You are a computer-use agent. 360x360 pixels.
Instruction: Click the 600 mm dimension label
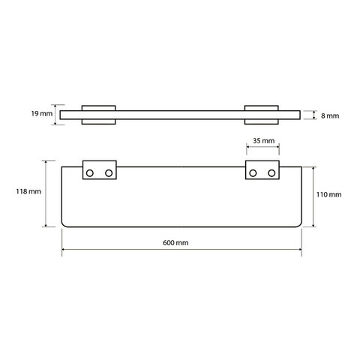click(x=175, y=243)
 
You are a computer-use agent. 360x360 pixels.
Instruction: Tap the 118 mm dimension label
click(x=28, y=192)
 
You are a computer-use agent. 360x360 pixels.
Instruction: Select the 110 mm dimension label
click(x=328, y=194)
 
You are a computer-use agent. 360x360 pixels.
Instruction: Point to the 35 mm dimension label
click(x=263, y=141)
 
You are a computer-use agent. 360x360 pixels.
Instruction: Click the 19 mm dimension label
click(x=42, y=114)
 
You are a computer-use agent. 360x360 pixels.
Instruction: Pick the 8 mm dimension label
click(x=330, y=116)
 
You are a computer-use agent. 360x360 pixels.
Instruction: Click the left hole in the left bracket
click(x=89, y=173)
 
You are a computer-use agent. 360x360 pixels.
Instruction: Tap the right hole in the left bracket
click(x=109, y=173)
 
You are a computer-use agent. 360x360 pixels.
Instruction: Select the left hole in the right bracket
click(x=253, y=173)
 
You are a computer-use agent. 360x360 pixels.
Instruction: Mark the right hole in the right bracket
click(x=271, y=173)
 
